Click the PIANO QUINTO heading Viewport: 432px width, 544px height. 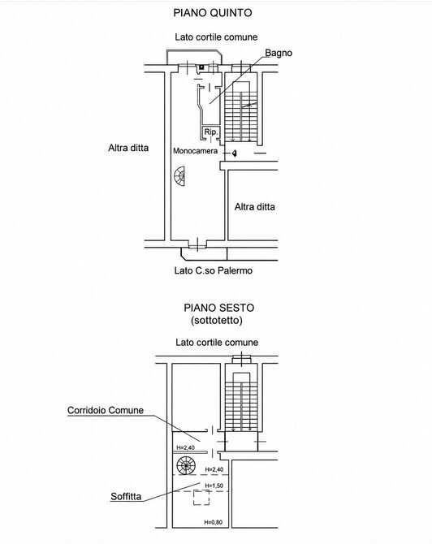point(213,13)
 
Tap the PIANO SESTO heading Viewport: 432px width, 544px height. point(219,308)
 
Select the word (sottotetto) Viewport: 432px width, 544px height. point(217,320)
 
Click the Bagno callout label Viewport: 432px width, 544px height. point(279,53)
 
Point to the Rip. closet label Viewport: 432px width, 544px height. point(210,132)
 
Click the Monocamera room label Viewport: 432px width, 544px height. point(196,151)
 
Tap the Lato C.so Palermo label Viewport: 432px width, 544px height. point(213,270)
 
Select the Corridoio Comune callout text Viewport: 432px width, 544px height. point(106,410)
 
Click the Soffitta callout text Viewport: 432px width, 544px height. point(126,496)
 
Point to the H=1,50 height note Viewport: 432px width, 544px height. point(214,486)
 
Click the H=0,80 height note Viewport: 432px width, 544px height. point(213,522)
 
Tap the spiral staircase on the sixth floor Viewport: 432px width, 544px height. point(186,465)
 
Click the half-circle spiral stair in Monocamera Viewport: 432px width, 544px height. point(179,176)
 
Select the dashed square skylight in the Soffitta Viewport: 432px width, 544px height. point(201,498)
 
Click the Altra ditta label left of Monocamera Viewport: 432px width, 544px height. point(128,148)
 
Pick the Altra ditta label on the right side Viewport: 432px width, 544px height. point(255,207)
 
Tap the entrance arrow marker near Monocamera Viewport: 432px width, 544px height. point(235,153)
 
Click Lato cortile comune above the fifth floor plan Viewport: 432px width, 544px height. point(216,37)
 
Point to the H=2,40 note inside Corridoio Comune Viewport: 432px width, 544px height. point(186,447)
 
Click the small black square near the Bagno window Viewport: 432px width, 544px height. point(201,67)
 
